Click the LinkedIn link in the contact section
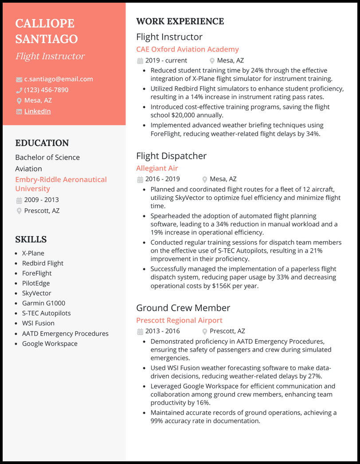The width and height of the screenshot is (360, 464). point(37,111)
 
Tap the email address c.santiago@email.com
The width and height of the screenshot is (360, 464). point(59,79)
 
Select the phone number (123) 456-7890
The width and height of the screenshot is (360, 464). point(46,90)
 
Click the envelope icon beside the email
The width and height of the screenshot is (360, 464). point(19,80)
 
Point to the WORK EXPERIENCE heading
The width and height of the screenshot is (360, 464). point(180,21)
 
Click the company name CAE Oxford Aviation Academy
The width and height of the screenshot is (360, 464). point(187,49)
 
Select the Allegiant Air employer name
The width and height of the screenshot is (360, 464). point(157,168)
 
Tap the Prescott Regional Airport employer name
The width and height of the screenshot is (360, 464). point(179,320)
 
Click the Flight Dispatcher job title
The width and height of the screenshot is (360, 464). point(171,156)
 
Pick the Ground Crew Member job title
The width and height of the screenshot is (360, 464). point(183,308)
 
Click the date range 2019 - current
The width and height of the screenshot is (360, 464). point(166,61)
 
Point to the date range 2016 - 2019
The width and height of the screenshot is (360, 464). point(163,179)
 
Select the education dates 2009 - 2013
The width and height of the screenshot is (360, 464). point(41,200)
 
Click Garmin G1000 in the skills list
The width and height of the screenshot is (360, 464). point(43,303)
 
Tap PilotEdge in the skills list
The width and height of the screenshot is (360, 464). point(36,283)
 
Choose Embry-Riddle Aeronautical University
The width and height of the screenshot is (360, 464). point(61,184)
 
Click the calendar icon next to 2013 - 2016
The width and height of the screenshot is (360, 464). point(140,331)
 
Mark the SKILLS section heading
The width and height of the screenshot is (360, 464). point(31,239)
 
